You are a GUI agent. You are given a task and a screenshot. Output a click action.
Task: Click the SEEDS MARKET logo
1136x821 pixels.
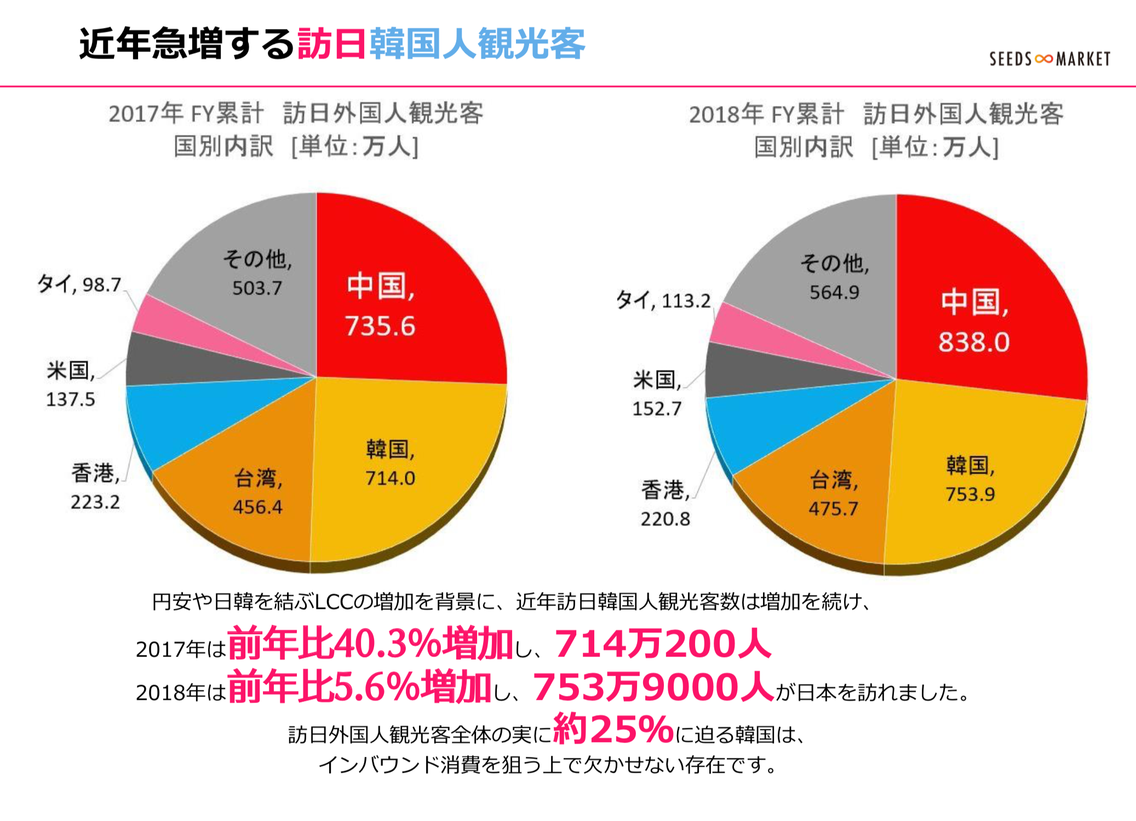[x=1049, y=59]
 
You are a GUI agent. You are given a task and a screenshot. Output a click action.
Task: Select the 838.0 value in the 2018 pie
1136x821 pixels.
[x=973, y=342]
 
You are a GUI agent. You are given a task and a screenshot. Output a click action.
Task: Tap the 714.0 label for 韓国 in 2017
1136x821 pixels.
[x=390, y=478]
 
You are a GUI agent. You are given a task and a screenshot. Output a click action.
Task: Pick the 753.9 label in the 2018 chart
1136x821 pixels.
[x=969, y=494]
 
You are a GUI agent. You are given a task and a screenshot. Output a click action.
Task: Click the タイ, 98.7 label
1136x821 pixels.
[x=79, y=284]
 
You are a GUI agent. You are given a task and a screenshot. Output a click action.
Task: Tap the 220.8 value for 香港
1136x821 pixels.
[x=665, y=518]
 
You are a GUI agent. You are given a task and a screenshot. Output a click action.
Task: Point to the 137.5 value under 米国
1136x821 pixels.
[x=70, y=399]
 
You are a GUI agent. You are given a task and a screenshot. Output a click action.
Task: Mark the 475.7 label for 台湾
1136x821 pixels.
[x=833, y=509]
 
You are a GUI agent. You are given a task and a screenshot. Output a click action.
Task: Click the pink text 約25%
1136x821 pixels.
[x=613, y=729]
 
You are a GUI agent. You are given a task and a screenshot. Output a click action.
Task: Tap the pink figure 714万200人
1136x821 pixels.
[x=663, y=643]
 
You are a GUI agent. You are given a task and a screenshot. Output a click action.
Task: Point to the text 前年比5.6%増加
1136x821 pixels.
[x=359, y=687]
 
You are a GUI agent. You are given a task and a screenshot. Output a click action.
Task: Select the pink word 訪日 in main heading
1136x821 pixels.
[x=332, y=44]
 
